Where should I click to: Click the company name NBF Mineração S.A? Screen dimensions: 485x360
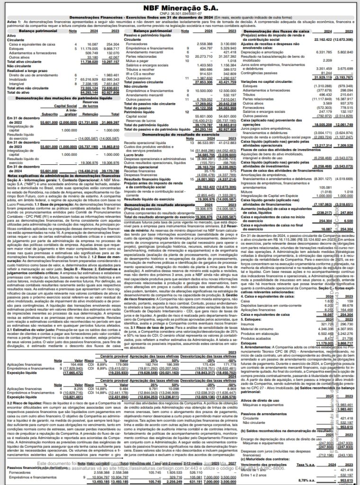coord(180,8)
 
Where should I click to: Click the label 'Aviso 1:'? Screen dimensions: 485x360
coord(14,22)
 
